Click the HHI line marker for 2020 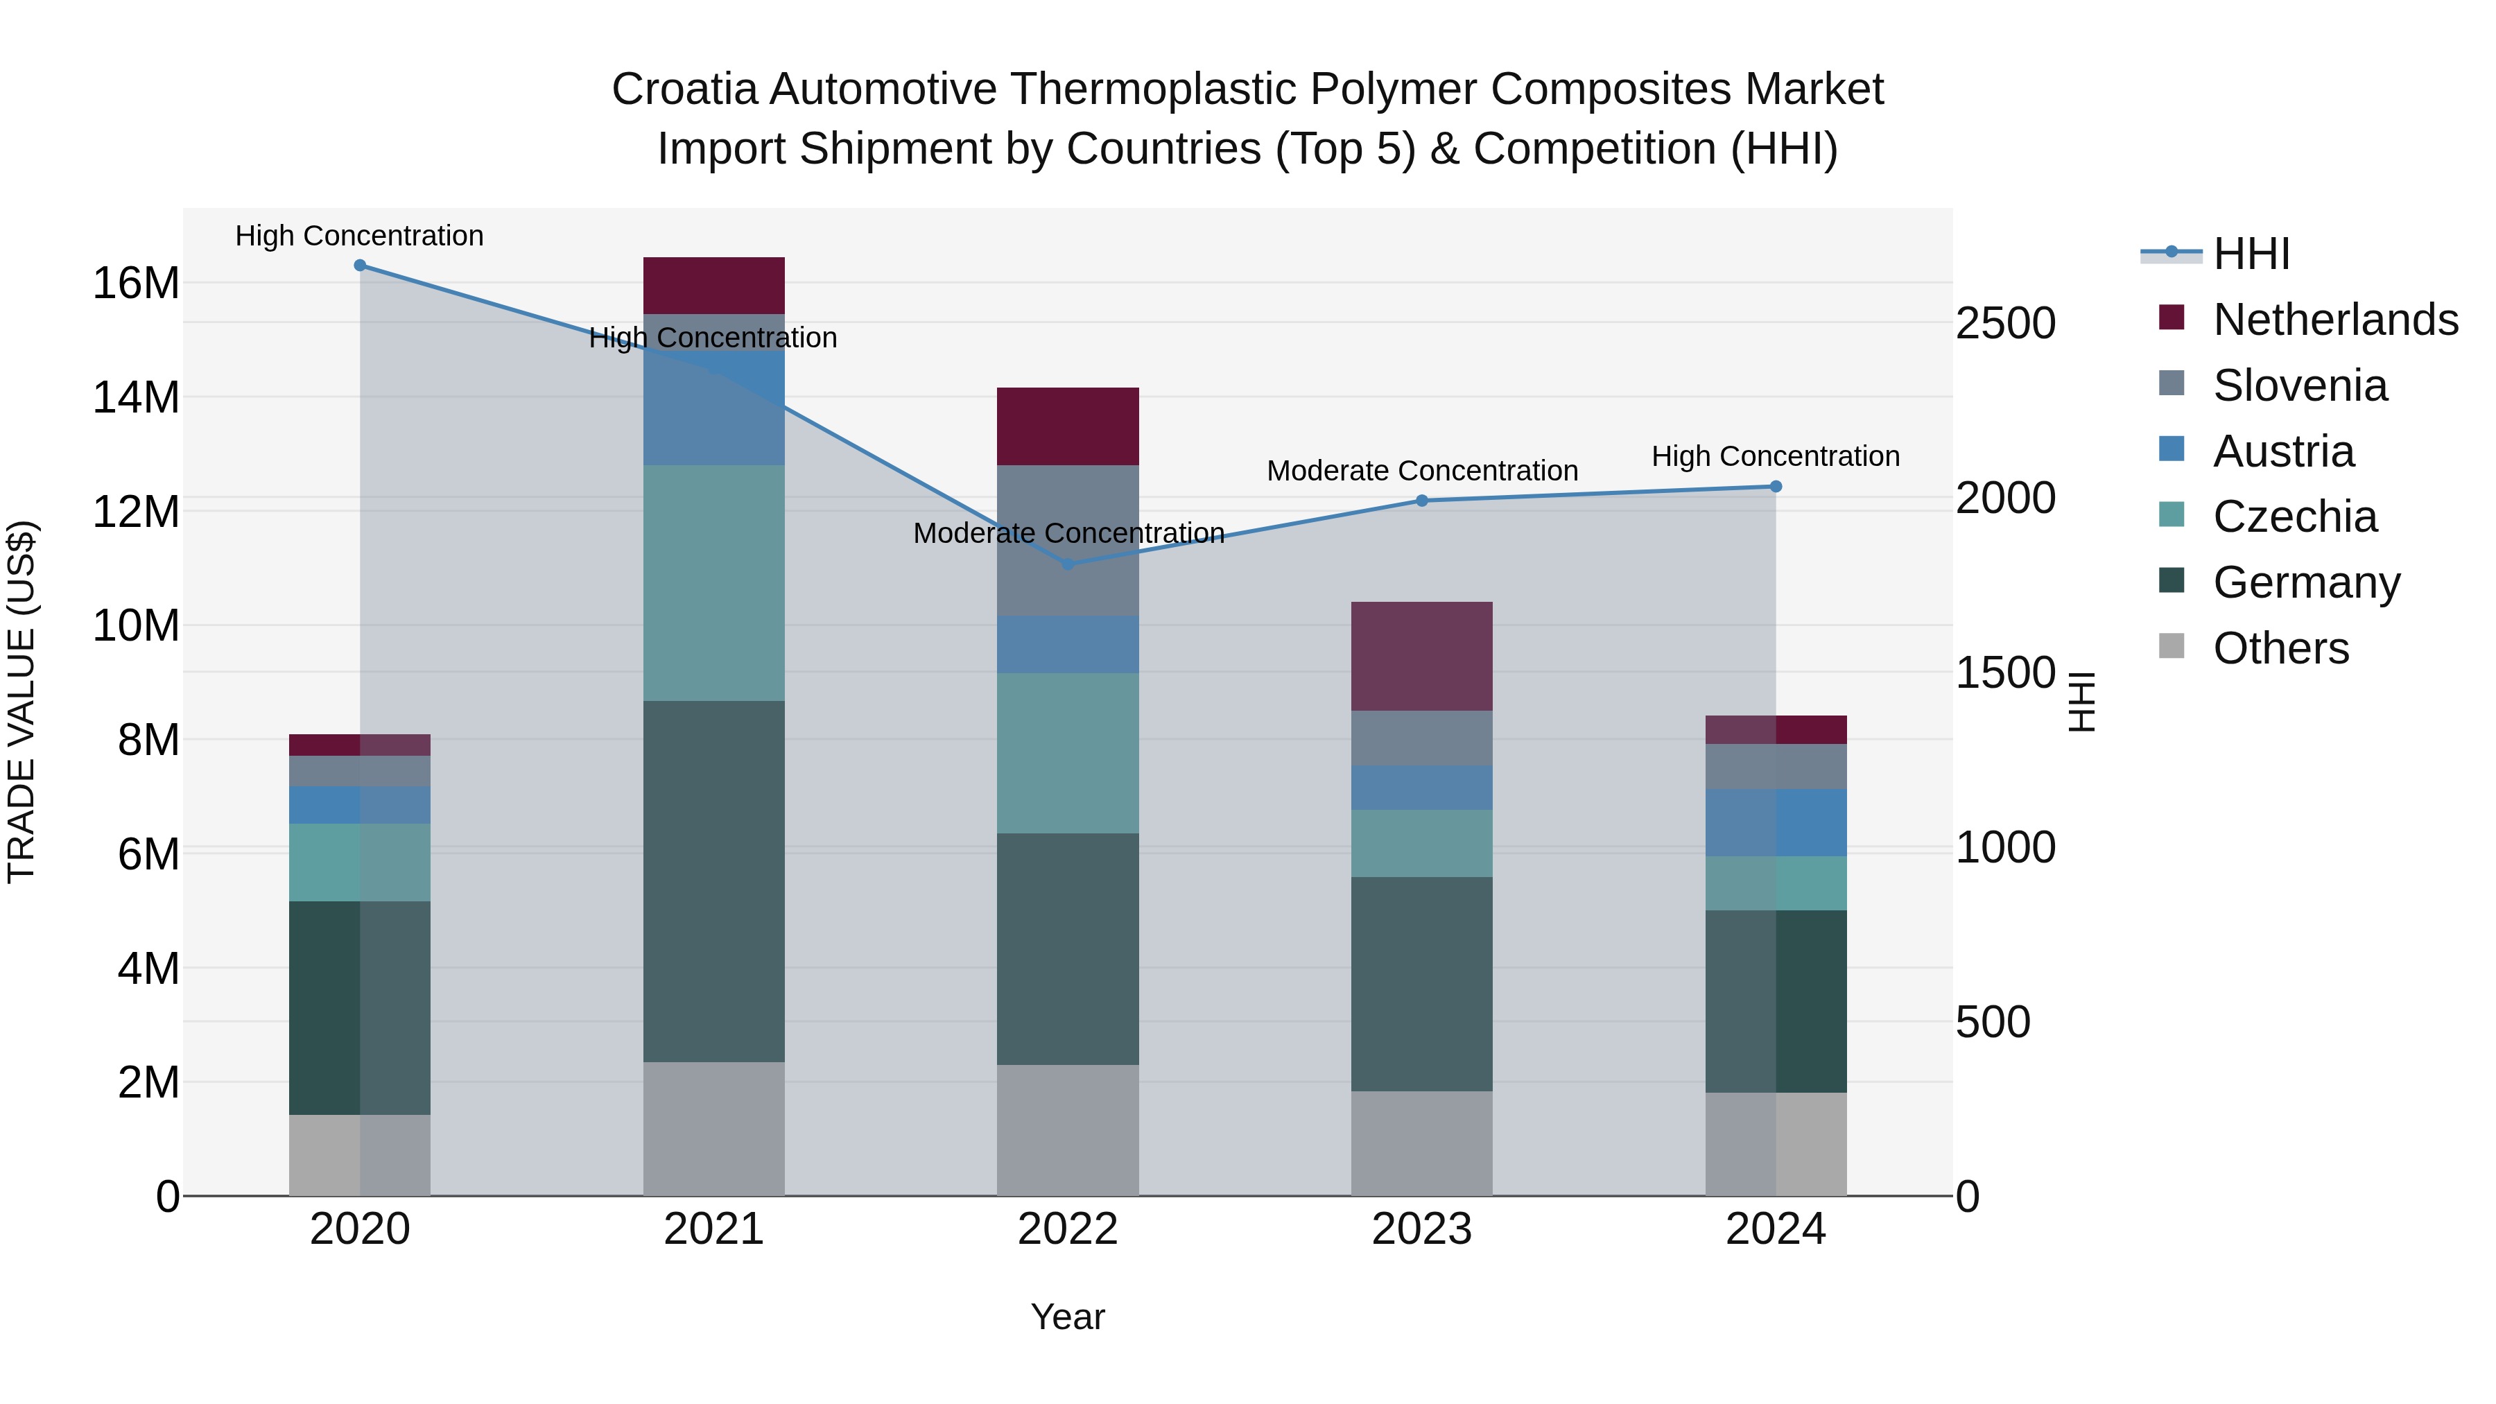359,266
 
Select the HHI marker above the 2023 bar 1421,501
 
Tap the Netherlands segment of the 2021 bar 713,285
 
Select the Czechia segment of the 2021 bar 713,582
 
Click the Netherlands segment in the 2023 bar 1421,656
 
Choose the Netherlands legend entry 2335,320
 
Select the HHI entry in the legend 2251,254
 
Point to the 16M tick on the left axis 136,284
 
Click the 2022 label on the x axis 1068,1229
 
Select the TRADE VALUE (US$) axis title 21,702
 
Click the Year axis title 1068,1317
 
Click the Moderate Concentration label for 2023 1421,471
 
